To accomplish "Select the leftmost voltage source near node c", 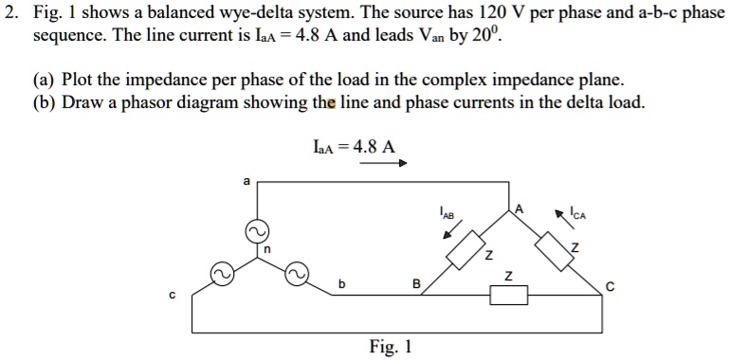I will click(220, 275).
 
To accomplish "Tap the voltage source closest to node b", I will click(296, 275).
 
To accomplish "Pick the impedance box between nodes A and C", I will click(554, 251).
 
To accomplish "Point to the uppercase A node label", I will click(519, 207).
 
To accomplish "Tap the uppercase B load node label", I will click(414, 282).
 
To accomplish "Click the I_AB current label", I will click(447, 212).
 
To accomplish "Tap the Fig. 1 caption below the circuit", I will click(391, 346).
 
